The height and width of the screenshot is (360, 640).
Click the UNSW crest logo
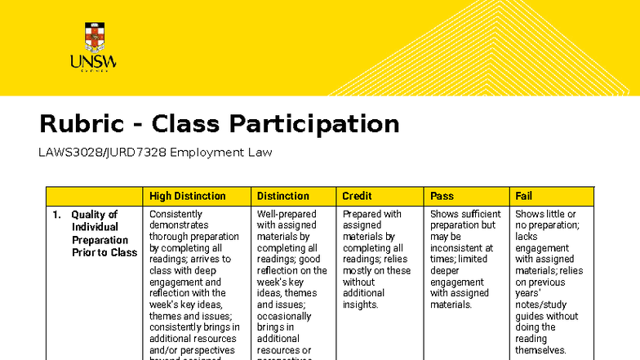(95, 36)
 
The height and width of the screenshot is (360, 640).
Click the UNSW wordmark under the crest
(93, 62)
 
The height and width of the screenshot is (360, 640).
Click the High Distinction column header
(187, 196)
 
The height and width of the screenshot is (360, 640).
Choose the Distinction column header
(282, 196)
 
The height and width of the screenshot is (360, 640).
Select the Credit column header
(357, 196)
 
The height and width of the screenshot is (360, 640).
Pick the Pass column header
(442, 196)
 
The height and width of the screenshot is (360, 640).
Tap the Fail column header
(523, 196)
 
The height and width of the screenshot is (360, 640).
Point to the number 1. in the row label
(57, 215)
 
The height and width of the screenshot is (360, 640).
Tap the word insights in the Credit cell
(360, 304)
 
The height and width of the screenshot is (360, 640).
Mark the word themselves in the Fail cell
(540, 349)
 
